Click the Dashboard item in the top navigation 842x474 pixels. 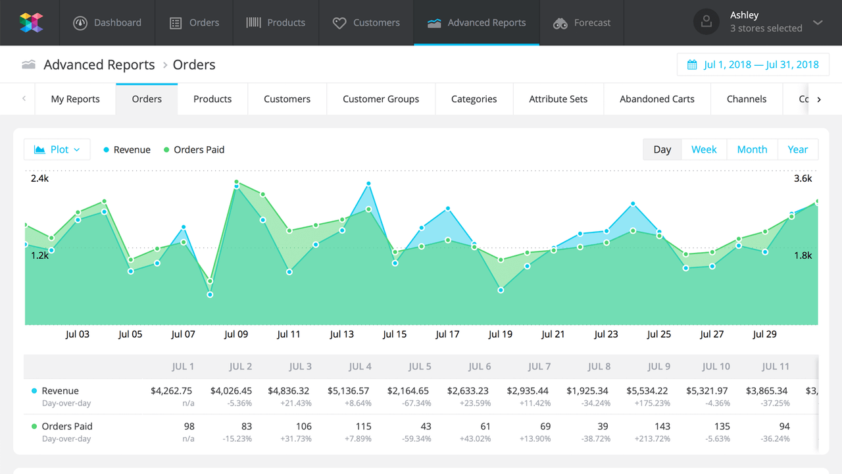[109, 22]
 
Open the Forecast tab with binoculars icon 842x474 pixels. [582, 22]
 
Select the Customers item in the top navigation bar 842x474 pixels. [366, 22]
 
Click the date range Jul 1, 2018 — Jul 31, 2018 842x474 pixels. [753, 65]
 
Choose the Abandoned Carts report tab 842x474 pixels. [656, 99]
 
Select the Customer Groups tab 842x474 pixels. [380, 99]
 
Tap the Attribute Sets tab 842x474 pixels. [558, 99]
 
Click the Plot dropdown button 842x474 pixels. [57, 149]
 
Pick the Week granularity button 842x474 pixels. [703, 149]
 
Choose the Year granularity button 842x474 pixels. [797, 149]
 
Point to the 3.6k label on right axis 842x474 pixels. [803, 178]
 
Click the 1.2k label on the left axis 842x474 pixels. [39, 255]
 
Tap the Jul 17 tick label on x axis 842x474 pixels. [447, 334]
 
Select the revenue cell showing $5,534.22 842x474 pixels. [647, 390]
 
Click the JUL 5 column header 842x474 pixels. [420, 367]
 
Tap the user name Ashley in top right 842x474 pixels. [744, 15]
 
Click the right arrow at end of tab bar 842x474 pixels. [819, 99]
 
